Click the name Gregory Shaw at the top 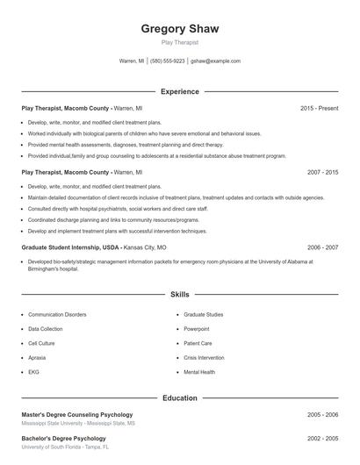pyautogui.click(x=180, y=28)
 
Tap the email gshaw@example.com pyautogui.click(x=215, y=61)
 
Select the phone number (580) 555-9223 pyautogui.click(x=168, y=61)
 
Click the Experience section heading pyautogui.click(x=180, y=91)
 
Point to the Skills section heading pyautogui.click(x=180, y=295)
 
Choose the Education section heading pyautogui.click(x=180, y=397)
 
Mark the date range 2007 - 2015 pyautogui.click(x=322, y=173)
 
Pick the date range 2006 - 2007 pyautogui.click(x=322, y=248)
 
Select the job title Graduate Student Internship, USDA pyautogui.click(x=71, y=248)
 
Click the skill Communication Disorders pyautogui.click(x=57, y=314)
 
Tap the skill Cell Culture pyautogui.click(x=41, y=343)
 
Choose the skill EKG pyautogui.click(x=33, y=372)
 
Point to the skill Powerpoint pyautogui.click(x=197, y=329)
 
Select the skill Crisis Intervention pyautogui.click(x=204, y=358)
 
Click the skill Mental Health pyautogui.click(x=199, y=372)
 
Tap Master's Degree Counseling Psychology pyautogui.click(x=77, y=414)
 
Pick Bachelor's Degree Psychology pyautogui.click(x=63, y=438)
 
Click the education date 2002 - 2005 pyautogui.click(x=322, y=438)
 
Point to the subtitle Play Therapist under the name pyautogui.click(x=180, y=42)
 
